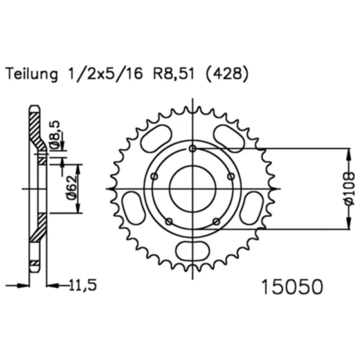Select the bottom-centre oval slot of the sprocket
click(x=193, y=251)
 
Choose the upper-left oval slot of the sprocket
click(x=156, y=137)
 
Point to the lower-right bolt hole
click(x=216, y=222)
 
